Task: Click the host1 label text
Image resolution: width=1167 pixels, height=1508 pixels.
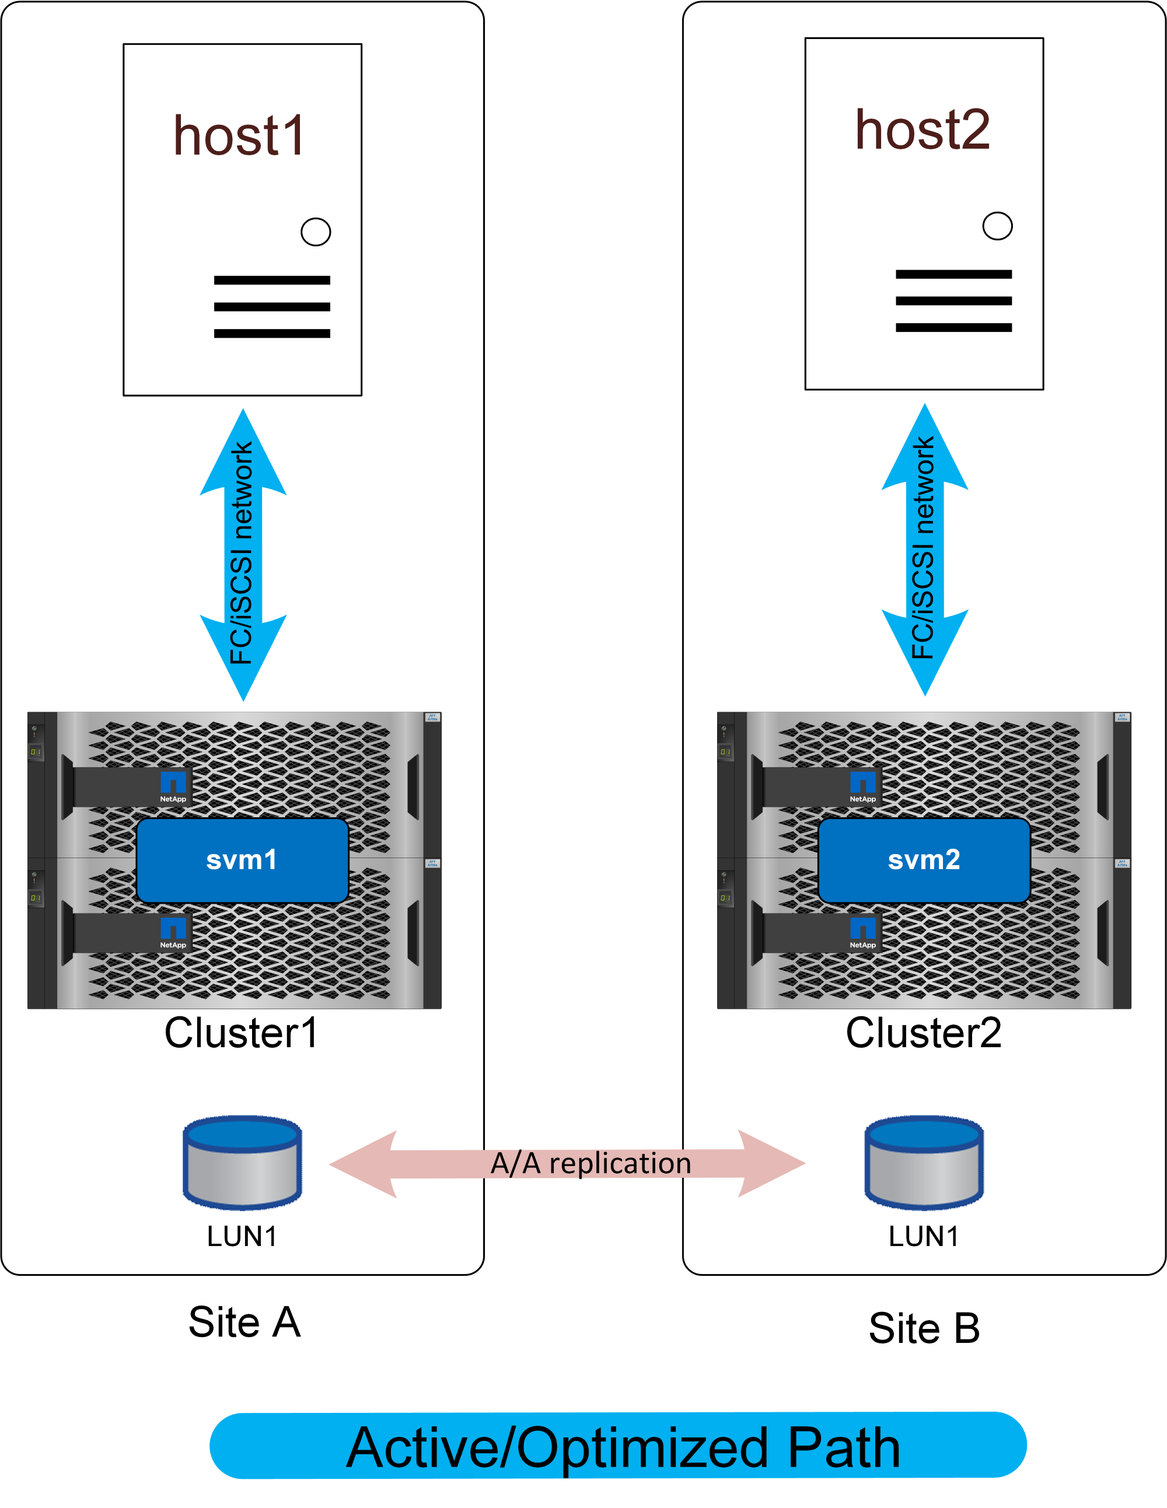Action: click(239, 135)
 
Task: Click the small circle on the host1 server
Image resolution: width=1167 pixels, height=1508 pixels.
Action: click(316, 232)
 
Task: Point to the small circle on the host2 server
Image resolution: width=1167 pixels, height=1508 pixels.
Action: click(997, 226)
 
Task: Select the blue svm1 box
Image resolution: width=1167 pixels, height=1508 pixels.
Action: click(242, 860)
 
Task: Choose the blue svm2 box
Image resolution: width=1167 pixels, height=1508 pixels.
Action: click(924, 860)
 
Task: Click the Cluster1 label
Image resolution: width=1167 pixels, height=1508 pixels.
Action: click(241, 1033)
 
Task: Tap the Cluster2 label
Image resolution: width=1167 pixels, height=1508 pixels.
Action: click(923, 1033)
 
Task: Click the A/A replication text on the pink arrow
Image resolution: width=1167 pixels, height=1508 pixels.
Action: click(591, 1163)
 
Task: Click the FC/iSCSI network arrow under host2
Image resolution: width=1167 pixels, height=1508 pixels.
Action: click(925, 549)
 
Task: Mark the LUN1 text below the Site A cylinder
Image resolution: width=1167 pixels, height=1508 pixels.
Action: click(242, 1236)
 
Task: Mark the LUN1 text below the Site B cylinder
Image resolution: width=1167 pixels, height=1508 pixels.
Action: click(924, 1236)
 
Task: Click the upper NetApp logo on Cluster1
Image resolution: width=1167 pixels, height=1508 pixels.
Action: click(173, 786)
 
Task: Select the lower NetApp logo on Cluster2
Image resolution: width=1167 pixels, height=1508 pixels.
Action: click(862, 933)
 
